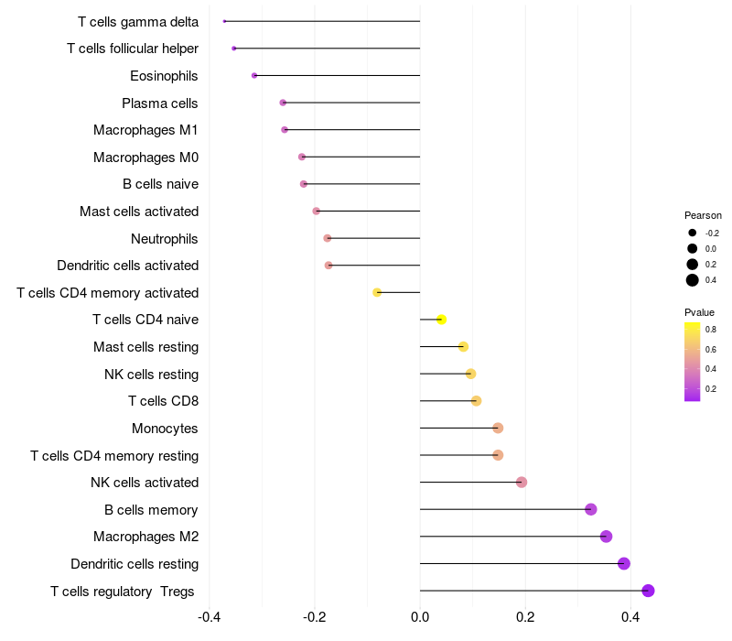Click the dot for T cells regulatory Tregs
(649, 591)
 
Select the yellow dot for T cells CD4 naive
(441, 320)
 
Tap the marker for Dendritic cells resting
(624, 563)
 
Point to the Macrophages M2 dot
(606, 537)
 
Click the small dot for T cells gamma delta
(224, 21)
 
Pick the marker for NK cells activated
(522, 483)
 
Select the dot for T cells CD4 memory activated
(377, 292)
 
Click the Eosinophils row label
(164, 76)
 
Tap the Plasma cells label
(160, 103)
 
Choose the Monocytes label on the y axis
(165, 429)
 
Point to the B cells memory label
(152, 510)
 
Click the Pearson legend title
(703, 215)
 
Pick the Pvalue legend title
(699, 312)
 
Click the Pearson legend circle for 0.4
(693, 280)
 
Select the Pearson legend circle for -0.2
(693, 233)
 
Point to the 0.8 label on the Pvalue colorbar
(711, 330)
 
